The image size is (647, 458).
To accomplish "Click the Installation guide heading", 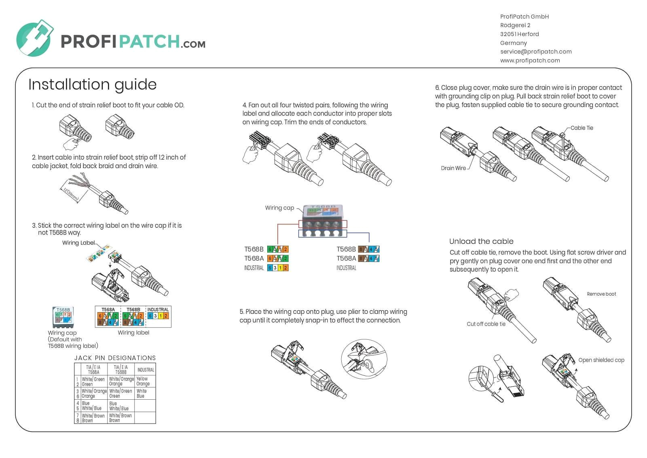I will (x=92, y=85).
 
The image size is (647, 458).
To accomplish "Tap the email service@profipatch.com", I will (x=535, y=51).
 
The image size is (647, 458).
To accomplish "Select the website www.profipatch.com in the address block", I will (x=530, y=60).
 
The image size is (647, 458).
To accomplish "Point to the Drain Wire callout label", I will (x=453, y=168).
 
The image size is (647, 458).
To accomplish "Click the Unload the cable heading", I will (x=481, y=241).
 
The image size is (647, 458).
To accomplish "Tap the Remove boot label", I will (x=601, y=294).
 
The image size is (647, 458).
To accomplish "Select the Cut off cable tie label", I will (x=486, y=324).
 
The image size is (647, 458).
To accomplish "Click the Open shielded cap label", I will (x=601, y=360).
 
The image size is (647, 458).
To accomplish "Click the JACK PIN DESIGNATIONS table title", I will (x=115, y=358).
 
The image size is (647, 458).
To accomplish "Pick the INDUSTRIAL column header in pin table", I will (x=146, y=370).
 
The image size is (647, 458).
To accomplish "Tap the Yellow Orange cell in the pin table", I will (x=143, y=381).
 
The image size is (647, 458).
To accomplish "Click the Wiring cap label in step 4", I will (x=279, y=208).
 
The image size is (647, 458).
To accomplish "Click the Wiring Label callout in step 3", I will (x=78, y=243).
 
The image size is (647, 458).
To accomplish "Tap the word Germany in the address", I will (x=513, y=43).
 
